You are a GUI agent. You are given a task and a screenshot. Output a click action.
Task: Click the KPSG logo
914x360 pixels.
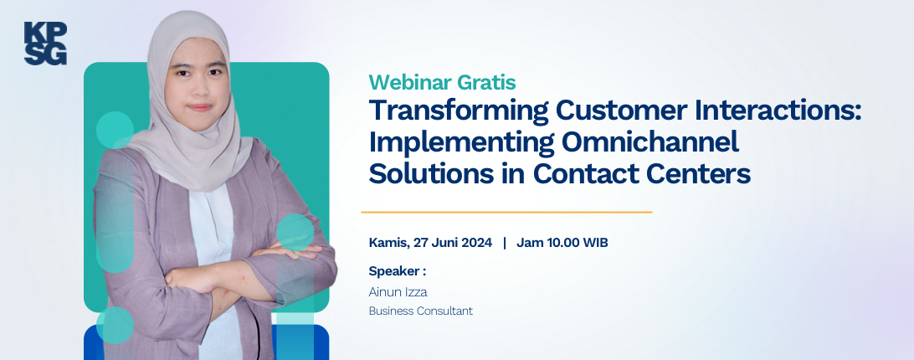pyautogui.click(x=45, y=44)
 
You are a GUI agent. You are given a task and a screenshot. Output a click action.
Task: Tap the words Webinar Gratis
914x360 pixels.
pyautogui.click(x=443, y=82)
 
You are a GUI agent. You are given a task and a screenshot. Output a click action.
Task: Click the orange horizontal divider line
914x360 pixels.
pyautogui.click(x=506, y=213)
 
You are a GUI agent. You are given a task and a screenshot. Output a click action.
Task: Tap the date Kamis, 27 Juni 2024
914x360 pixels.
pyautogui.click(x=430, y=243)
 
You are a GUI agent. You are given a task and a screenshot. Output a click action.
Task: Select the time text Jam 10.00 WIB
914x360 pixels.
pyautogui.click(x=562, y=243)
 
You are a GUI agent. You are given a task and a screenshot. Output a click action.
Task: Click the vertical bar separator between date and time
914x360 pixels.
pyautogui.click(x=504, y=243)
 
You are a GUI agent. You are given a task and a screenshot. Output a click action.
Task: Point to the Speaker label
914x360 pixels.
pyautogui.click(x=397, y=271)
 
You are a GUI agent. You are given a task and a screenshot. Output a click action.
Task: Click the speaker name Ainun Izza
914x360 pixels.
pyautogui.click(x=398, y=291)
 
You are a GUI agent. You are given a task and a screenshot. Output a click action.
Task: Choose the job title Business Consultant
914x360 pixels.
pyautogui.click(x=420, y=311)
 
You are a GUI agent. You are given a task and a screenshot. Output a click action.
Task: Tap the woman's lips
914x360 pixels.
pyautogui.click(x=199, y=107)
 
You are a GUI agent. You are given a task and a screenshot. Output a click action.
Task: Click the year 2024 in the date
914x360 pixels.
pyautogui.click(x=477, y=243)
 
